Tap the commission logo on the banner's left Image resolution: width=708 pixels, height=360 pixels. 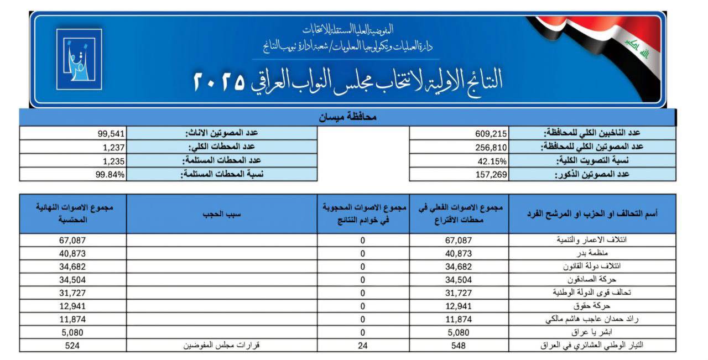79,59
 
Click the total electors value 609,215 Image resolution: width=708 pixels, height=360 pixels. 491,133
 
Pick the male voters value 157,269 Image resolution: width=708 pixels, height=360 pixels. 491,175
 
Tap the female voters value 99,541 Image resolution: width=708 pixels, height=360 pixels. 111,133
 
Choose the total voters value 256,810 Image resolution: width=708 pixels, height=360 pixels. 491,147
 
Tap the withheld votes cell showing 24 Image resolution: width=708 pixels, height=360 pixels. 363,346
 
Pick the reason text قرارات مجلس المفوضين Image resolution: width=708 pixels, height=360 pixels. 222,346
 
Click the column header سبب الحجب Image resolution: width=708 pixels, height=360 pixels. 222,213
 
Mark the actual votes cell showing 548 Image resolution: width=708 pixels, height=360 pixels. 459,346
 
